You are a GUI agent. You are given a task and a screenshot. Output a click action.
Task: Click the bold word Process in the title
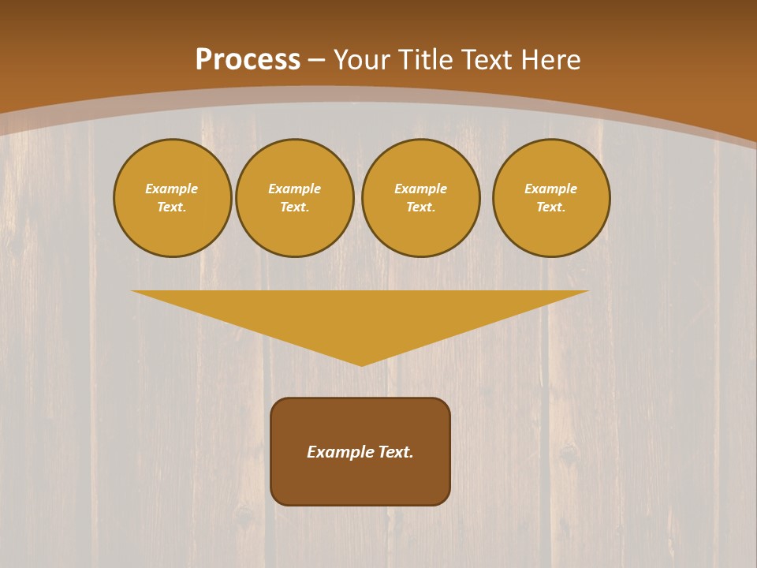coord(248,60)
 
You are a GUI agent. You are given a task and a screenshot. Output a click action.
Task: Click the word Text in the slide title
coord(487,60)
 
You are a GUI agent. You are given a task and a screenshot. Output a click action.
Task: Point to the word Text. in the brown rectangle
coord(396,452)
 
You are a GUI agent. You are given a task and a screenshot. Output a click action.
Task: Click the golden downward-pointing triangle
coord(360,316)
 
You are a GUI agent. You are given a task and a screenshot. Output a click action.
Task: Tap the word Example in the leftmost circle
coord(172,189)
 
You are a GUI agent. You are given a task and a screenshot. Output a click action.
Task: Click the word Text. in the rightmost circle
coord(551,207)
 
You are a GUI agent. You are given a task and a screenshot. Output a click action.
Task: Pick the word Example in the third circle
coord(421,189)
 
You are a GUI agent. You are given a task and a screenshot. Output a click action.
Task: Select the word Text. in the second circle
coord(295,207)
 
